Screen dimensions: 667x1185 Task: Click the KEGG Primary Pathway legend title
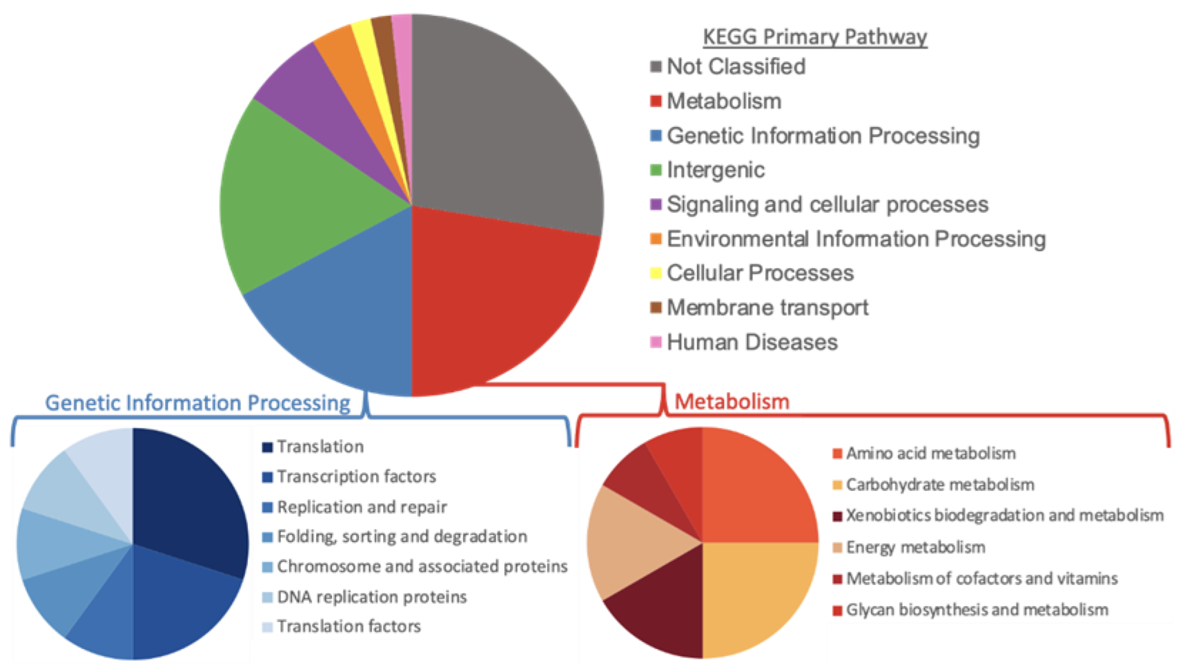click(x=815, y=37)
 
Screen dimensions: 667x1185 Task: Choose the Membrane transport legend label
click(x=767, y=307)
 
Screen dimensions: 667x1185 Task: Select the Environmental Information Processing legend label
click(x=856, y=239)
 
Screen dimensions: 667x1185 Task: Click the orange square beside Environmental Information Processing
click(x=656, y=239)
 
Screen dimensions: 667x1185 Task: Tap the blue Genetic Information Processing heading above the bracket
click(x=198, y=403)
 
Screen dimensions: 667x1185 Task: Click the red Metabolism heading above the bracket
click(x=732, y=401)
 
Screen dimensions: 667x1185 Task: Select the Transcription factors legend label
click(x=356, y=477)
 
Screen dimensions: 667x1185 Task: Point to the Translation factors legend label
click(x=349, y=626)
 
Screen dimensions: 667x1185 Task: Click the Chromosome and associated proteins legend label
click(x=422, y=566)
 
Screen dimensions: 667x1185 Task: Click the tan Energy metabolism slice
click(x=629, y=540)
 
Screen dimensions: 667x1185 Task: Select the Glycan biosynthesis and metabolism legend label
click(x=977, y=610)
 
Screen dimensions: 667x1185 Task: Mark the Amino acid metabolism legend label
click(x=931, y=453)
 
